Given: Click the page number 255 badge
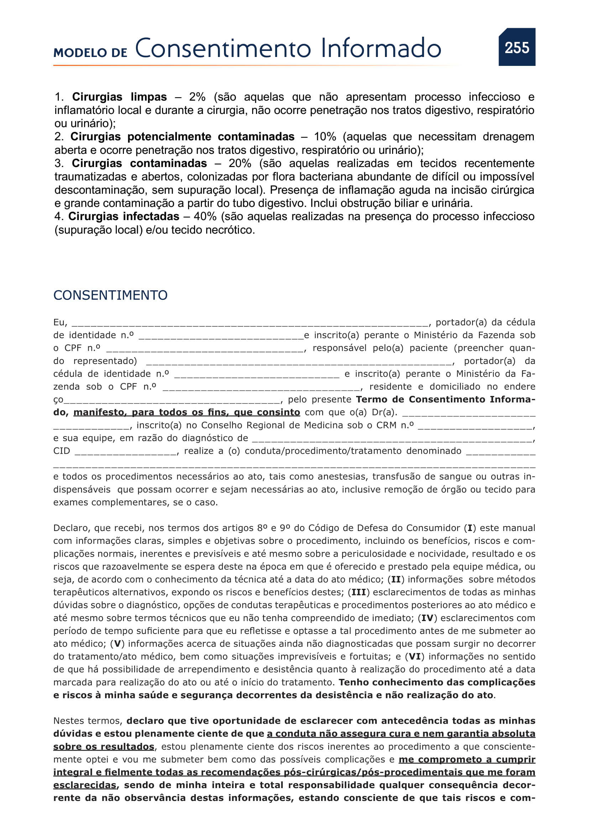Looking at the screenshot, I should [x=517, y=47].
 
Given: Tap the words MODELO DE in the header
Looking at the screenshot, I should [x=90, y=53].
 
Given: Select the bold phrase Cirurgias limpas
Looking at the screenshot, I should [x=119, y=97].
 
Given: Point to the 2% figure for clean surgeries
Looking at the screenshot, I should [x=197, y=97].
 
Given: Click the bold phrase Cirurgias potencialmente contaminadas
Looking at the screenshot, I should [x=182, y=137].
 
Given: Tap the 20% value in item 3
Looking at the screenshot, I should [x=240, y=163].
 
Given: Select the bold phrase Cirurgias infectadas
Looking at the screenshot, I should [x=124, y=217].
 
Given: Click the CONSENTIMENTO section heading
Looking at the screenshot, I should [x=110, y=295].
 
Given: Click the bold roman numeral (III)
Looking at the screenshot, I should [x=359, y=593].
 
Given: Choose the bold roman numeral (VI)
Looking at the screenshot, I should [x=415, y=657].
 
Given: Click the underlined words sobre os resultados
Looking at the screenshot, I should [x=104, y=747].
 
